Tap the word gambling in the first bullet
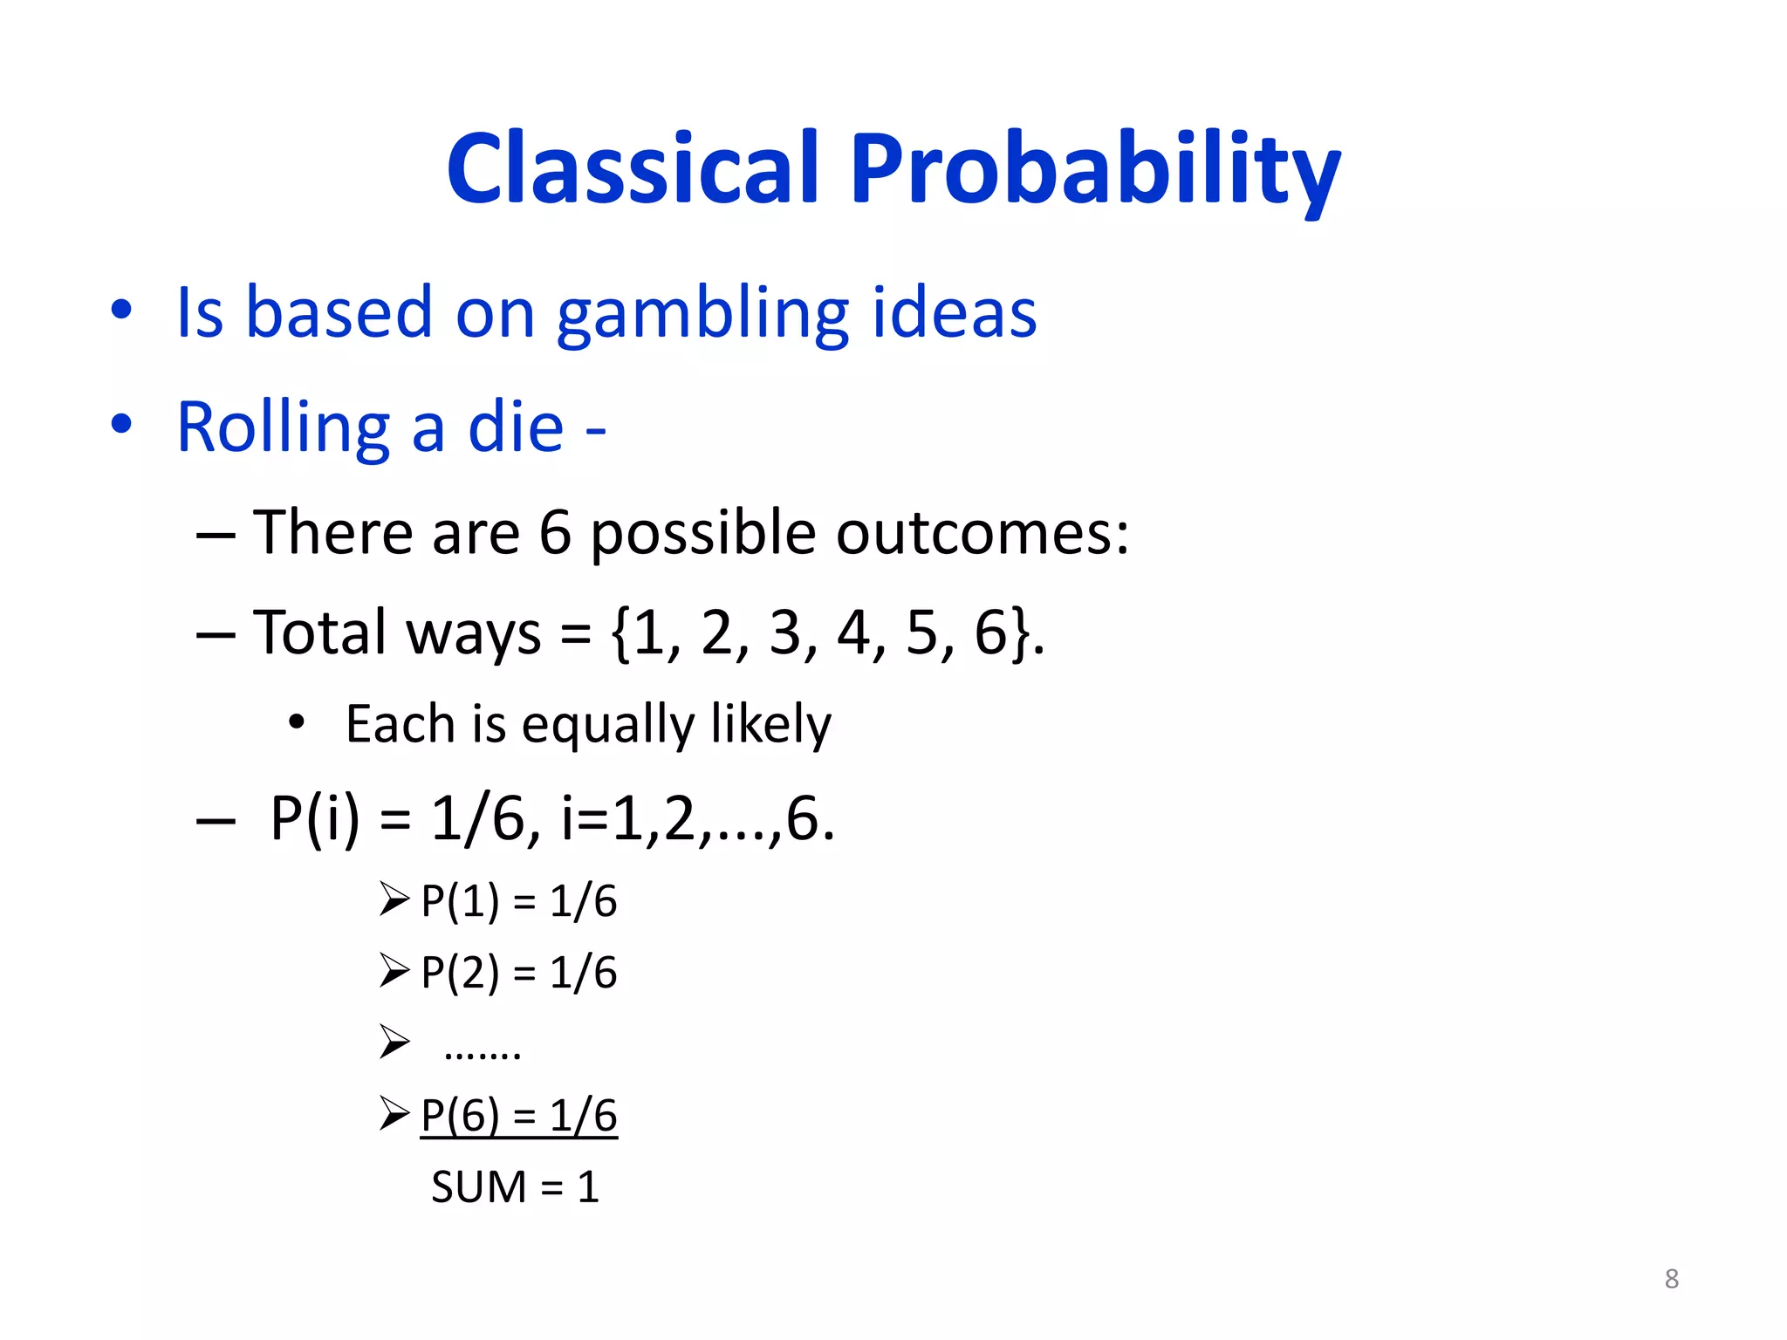tap(702, 314)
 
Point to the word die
tap(516, 427)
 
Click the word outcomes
tap(983, 532)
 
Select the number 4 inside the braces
tap(854, 632)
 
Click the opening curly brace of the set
tap(621, 633)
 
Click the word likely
tap(770, 724)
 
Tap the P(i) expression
tap(314, 818)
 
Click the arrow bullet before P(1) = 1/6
tap(394, 899)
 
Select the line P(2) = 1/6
tap(518, 972)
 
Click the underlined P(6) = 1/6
tap(518, 1115)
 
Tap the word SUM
tap(479, 1187)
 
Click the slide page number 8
tap(1671, 1279)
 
